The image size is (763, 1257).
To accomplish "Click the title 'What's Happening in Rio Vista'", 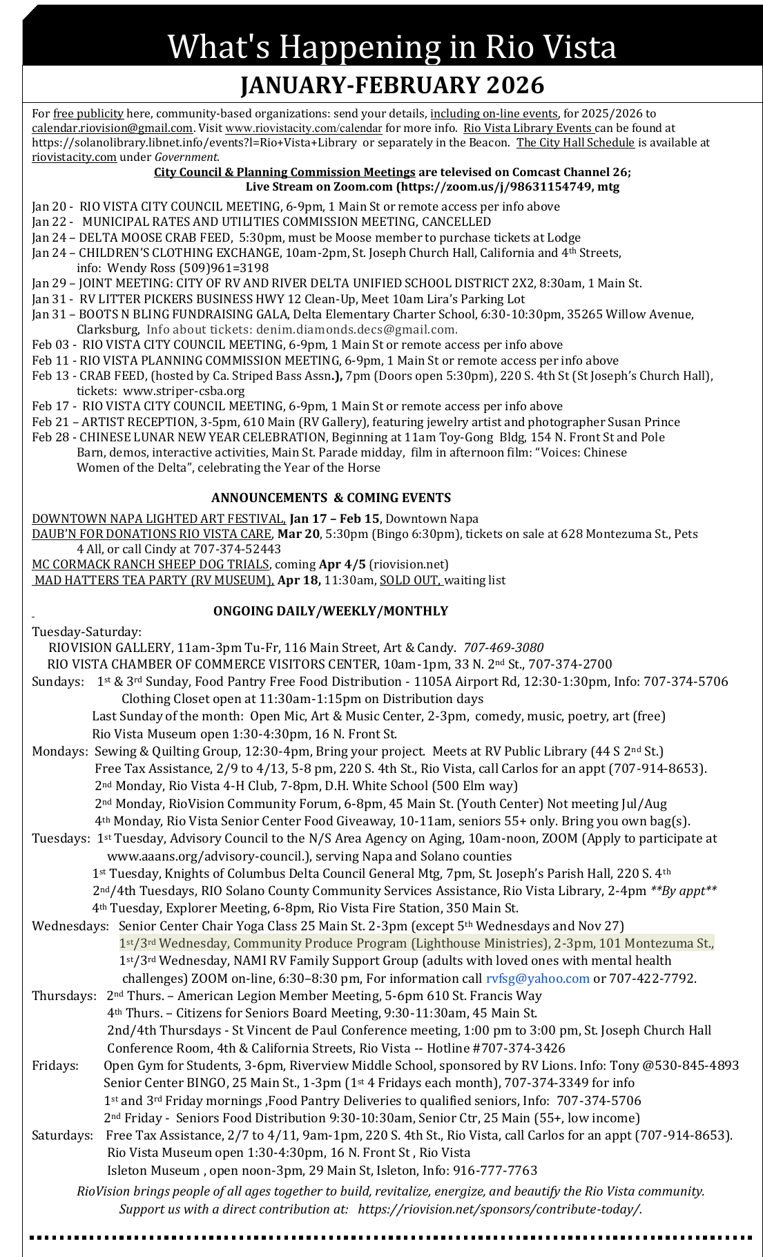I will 392,47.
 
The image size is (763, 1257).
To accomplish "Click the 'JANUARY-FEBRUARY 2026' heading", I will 392,86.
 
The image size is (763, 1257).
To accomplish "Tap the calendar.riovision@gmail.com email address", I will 112,128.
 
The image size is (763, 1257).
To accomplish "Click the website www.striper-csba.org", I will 184,391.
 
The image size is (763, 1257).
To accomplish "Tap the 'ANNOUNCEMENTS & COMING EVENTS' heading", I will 331,498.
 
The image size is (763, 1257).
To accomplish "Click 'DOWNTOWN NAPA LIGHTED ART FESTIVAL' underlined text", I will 159,519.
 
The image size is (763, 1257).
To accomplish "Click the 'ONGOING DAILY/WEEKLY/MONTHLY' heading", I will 331,611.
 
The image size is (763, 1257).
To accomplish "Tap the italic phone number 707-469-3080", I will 503,648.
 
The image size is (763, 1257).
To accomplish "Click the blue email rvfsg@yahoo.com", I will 538,979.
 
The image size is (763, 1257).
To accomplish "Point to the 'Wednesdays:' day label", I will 70,926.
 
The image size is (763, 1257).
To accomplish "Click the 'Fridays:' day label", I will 55,1066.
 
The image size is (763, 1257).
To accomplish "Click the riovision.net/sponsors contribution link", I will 500,1209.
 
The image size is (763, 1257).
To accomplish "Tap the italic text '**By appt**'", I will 684,891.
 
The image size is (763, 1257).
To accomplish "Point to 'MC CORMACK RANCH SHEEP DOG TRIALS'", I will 151,564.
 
